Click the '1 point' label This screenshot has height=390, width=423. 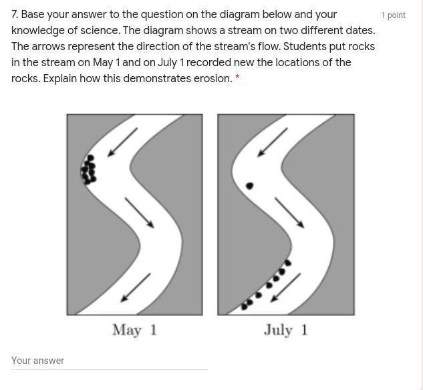[x=393, y=15]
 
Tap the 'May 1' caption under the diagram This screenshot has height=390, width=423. [x=134, y=330]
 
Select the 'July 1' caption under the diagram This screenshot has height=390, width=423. [x=286, y=330]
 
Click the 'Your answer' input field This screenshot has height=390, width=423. [x=109, y=361]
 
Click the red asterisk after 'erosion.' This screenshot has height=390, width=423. [x=237, y=77]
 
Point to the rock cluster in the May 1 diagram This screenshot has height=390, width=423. [x=88, y=170]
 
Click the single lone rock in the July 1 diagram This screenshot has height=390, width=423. [x=249, y=186]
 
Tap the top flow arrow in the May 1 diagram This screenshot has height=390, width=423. [x=122, y=142]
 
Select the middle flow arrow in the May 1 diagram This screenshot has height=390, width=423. [x=139, y=212]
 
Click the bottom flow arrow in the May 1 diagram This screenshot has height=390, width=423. [x=135, y=287]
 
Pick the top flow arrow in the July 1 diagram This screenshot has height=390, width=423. [x=272, y=142]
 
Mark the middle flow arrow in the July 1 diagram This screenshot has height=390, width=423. [x=289, y=212]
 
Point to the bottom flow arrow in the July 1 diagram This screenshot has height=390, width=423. [x=285, y=287]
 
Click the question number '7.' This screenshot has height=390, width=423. [x=15, y=14]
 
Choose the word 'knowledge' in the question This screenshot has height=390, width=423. [x=38, y=31]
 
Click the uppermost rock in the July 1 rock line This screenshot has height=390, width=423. [x=288, y=262]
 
